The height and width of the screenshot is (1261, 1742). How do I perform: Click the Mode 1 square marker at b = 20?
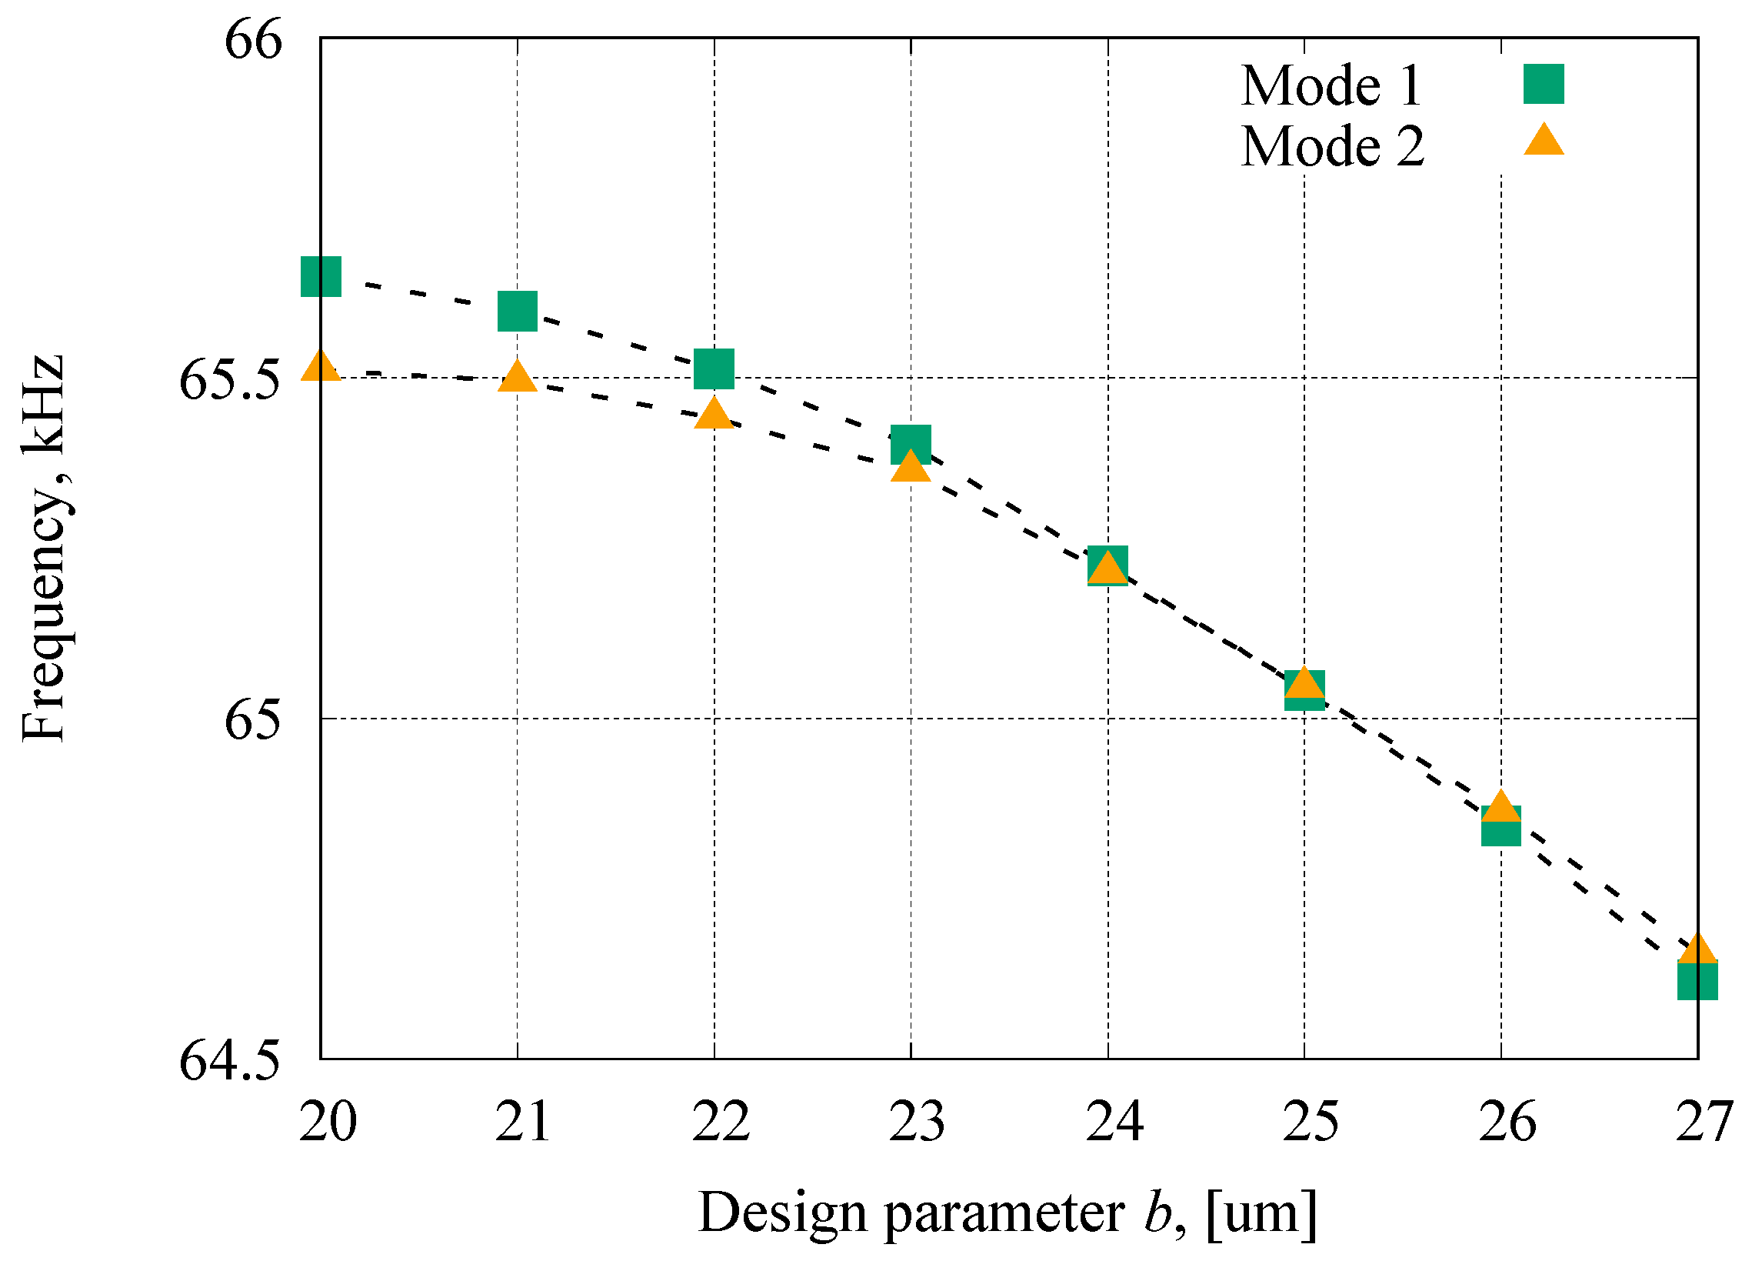[x=321, y=277]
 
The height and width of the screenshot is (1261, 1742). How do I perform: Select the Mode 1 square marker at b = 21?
[x=518, y=311]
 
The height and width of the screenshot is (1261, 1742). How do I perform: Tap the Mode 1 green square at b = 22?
[x=714, y=368]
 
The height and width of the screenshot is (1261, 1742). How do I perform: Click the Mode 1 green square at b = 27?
[x=1697, y=982]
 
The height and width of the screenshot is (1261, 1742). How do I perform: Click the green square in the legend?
[x=1544, y=84]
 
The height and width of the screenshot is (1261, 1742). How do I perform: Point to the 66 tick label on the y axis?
[x=253, y=39]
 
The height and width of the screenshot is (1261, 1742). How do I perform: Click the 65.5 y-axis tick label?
[x=230, y=380]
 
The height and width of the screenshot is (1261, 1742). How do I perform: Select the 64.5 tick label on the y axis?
[x=230, y=1062]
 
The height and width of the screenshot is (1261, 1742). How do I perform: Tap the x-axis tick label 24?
[x=1114, y=1122]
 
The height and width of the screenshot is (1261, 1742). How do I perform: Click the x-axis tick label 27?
[x=1703, y=1122]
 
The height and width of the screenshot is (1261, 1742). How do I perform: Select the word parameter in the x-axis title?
[x=1004, y=1213]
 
